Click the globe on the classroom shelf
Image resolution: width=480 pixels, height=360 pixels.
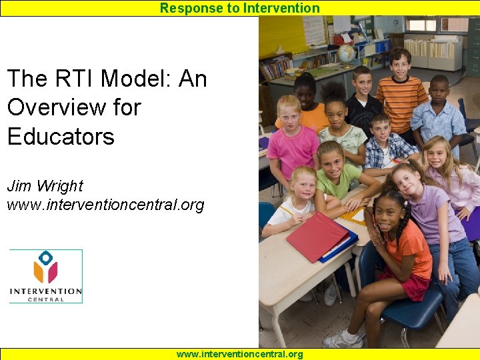[347, 53]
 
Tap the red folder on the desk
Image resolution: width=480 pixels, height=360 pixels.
[319, 237]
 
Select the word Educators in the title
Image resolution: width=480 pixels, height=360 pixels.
[61, 136]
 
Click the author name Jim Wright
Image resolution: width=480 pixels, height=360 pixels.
[45, 186]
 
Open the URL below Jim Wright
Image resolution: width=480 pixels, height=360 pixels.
[105, 205]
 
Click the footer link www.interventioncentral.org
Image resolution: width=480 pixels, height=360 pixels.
[239, 354]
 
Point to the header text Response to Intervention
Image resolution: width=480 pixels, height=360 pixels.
[239, 8]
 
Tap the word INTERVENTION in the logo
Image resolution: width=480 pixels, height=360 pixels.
[46, 291]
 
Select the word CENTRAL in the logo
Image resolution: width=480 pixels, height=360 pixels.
[46, 299]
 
